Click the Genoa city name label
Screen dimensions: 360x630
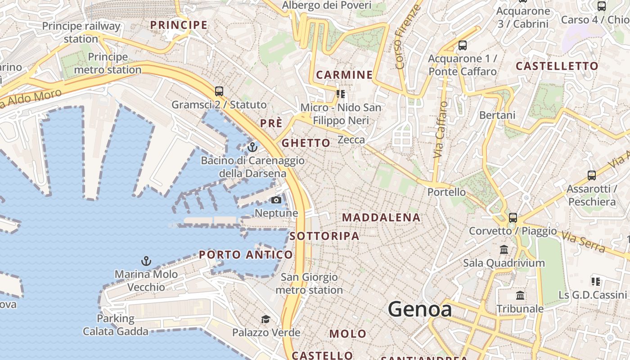[x=420, y=309]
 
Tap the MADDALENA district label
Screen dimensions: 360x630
[x=381, y=217]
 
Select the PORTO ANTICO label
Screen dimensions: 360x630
[x=246, y=255]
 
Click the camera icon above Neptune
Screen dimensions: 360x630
[x=276, y=200]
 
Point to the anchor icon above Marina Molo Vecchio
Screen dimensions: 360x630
[x=146, y=261]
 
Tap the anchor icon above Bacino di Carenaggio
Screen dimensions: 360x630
[x=252, y=147]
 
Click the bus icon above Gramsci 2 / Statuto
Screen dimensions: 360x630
[x=219, y=91]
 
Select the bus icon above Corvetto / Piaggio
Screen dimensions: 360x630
[x=513, y=218]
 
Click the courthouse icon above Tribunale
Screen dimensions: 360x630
[x=520, y=296]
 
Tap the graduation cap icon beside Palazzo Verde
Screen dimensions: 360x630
[x=265, y=319]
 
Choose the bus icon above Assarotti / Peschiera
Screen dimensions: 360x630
[x=592, y=175]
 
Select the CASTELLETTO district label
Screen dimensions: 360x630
[x=557, y=66]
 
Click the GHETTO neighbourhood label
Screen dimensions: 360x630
[x=306, y=143]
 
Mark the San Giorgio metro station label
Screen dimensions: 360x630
[x=309, y=283]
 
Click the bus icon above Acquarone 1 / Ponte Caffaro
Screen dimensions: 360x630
[x=463, y=45]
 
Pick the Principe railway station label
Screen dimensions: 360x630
[x=81, y=32]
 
